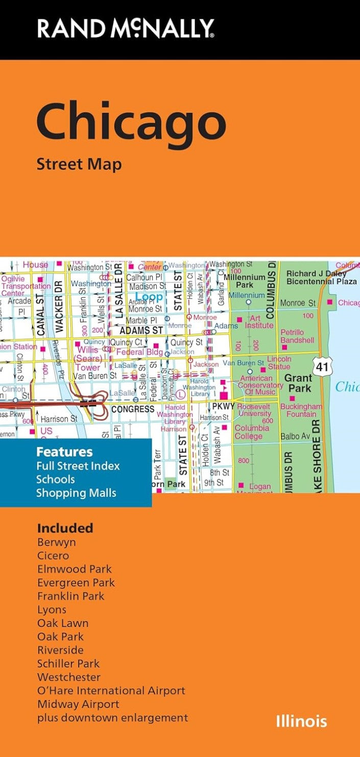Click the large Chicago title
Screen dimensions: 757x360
131,123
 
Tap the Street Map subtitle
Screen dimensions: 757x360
79,164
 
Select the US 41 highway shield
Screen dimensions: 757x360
322,366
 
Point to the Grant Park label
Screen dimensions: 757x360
298,383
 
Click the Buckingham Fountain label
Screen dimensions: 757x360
301,410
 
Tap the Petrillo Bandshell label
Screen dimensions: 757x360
297,336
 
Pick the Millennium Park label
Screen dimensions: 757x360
245,281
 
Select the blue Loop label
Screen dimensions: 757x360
149,297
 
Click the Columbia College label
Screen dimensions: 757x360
252,432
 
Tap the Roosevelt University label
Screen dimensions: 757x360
254,410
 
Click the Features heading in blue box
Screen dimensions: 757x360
64,452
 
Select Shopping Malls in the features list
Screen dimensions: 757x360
76,493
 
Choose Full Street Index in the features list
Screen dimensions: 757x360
78,466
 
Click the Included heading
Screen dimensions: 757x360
65,528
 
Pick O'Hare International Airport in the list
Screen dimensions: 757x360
111,691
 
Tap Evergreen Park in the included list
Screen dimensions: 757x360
76,582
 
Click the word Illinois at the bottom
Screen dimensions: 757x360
301,721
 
